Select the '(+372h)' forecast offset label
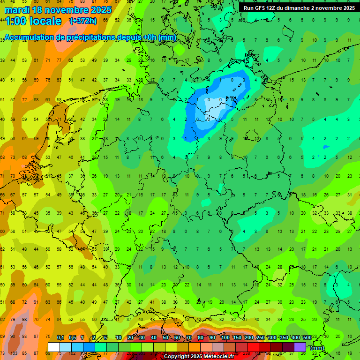(x=83, y=21)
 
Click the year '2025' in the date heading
(x=99, y=10)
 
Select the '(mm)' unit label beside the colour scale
(x=317, y=348)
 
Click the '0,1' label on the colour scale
(x=60, y=338)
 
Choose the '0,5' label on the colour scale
(x=72, y=338)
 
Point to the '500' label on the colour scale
(x=307, y=338)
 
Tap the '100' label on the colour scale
(x=225, y=338)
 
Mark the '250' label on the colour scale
(x=261, y=338)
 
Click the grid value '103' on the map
(x=14, y=353)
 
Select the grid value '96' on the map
(x=14, y=337)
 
